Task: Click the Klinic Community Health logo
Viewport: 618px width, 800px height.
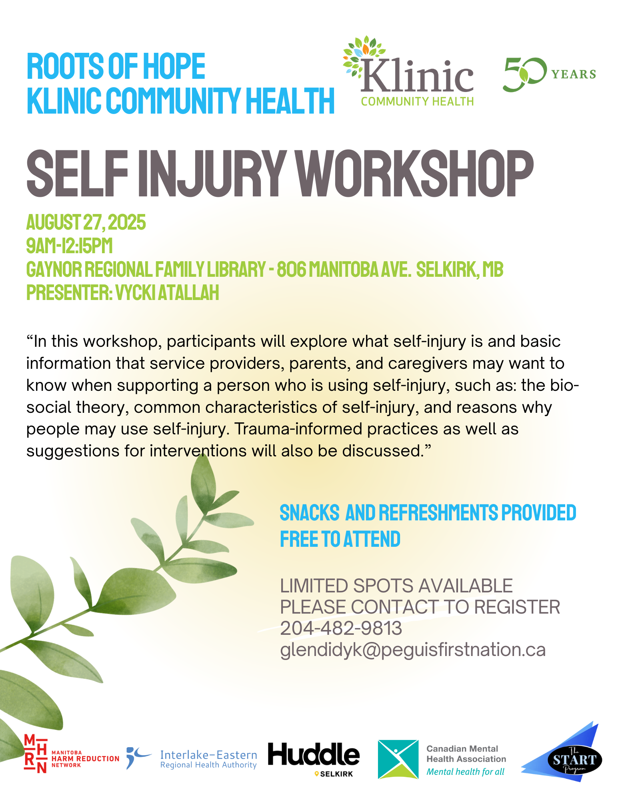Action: [408, 72]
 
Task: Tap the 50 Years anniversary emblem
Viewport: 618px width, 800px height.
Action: [549, 74]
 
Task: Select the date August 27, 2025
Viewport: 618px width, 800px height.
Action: [86, 222]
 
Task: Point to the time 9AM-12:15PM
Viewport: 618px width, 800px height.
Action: [70, 246]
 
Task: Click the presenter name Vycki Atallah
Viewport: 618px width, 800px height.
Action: [167, 292]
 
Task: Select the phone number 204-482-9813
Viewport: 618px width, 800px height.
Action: [341, 628]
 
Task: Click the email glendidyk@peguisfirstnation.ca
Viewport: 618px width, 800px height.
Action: [413, 650]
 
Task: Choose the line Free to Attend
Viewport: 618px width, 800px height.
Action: [340, 539]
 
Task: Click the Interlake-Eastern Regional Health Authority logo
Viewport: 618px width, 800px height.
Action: [192, 759]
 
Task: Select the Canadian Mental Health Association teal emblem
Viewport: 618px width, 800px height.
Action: [398, 759]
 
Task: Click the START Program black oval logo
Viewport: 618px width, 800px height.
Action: [575, 759]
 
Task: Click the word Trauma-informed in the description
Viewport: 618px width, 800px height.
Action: [299, 429]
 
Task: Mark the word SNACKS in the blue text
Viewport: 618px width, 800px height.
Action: [310, 513]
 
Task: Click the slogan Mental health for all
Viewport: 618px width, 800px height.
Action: [465, 772]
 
